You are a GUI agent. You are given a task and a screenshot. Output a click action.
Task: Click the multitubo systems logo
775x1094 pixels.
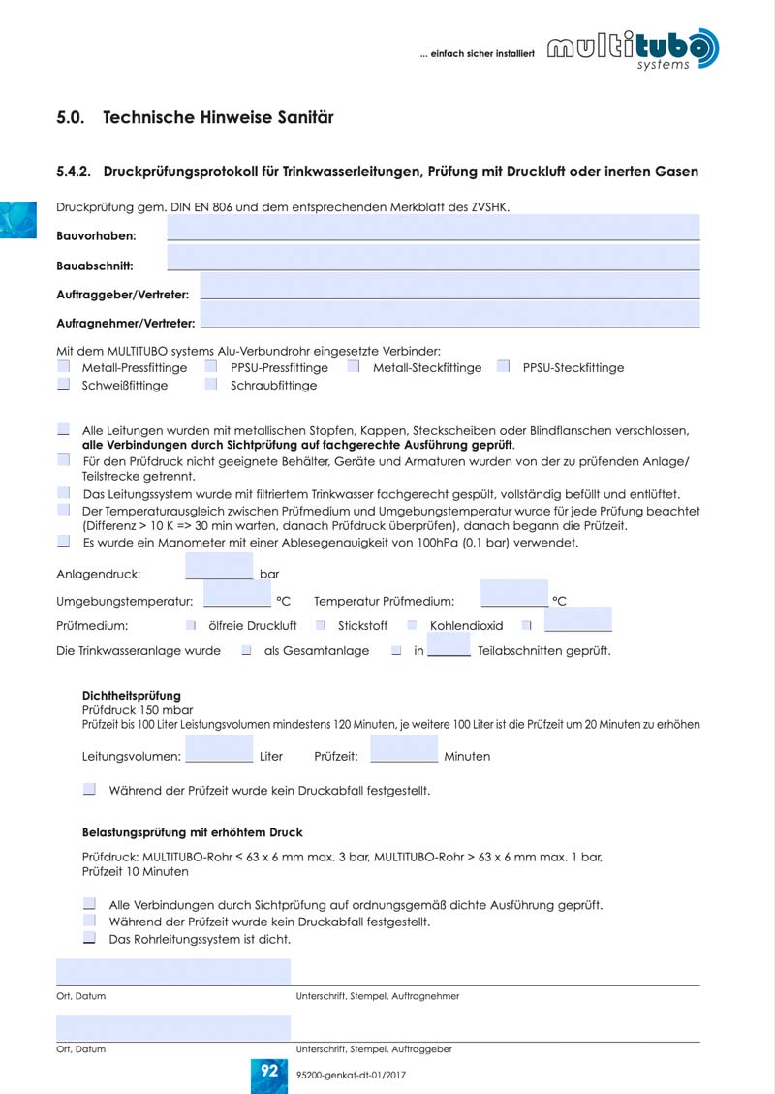[x=634, y=48]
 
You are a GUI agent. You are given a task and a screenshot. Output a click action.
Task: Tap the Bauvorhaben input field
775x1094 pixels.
[x=433, y=229]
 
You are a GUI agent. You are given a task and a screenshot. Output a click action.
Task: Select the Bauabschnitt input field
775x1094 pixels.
[x=433, y=259]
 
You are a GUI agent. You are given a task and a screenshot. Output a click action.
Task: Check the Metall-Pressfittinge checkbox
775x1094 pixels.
[x=64, y=367]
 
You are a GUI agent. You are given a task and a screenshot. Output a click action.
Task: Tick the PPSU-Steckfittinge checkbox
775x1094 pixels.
[x=504, y=367]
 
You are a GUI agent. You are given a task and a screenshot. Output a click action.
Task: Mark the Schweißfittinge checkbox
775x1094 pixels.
[x=64, y=385]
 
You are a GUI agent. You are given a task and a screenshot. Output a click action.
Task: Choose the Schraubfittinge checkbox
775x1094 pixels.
[x=211, y=385]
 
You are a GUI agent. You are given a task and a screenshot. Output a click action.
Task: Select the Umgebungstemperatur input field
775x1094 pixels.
[x=236, y=595]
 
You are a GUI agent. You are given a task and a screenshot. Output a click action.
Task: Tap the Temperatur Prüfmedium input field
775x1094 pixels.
[x=513, y=595]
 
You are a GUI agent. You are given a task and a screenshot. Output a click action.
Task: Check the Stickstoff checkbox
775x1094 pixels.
[x=321, y=625]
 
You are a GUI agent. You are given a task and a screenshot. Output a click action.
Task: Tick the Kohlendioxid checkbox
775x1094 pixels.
[x=412, y=625]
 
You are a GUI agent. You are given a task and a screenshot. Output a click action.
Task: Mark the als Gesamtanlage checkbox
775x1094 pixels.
[x=247, y=650]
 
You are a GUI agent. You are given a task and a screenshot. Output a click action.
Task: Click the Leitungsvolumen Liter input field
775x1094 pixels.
[x=219, y=749]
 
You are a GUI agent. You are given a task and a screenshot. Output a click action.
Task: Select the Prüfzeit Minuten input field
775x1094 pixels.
[x=404, y=749]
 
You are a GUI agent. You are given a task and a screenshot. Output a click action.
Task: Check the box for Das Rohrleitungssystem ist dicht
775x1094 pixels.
[x=89, y=938]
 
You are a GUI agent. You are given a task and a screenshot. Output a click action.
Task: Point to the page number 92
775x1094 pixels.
[x=268, y=1070]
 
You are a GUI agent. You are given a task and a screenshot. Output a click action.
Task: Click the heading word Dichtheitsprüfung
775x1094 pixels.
[x=132, y=696]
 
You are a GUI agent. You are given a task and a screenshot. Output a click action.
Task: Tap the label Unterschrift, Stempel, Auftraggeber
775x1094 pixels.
[x=374, y=1048]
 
